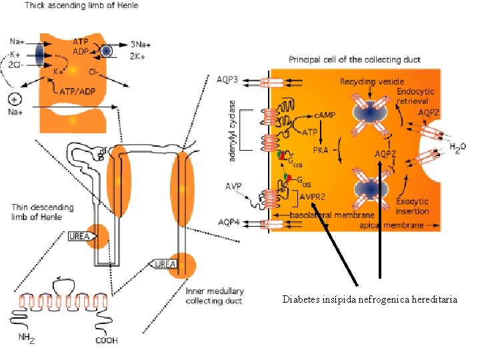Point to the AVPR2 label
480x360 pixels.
coord(311,196)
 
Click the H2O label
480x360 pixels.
coord(458,147)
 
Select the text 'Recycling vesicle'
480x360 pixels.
coord(369,81)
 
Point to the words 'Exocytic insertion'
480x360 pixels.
coord(413,206)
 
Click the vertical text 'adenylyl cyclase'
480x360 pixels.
coord(233,129)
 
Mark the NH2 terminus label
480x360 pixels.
coord(27,338)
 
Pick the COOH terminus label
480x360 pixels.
coord(107,340)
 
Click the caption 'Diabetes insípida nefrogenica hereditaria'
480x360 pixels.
coord(369,300)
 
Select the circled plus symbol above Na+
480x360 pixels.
coord(14,99)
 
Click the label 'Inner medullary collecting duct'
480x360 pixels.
coord(215,296)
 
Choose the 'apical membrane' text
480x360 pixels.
coord(399,226)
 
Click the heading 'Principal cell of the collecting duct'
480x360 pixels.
coord(355,60)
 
